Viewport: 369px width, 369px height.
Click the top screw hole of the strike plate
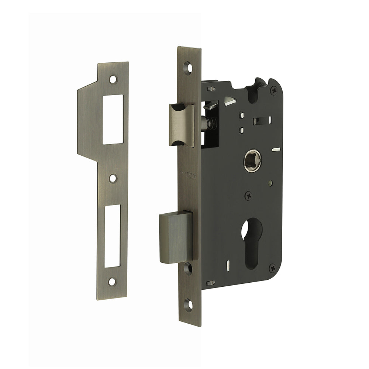click(113, 79)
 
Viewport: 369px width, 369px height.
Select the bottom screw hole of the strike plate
click(112, 282)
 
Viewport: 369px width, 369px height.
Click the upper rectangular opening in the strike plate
click(113, 119)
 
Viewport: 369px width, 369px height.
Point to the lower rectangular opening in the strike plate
click(112, 235)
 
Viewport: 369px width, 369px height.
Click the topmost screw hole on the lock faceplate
click(188, 68)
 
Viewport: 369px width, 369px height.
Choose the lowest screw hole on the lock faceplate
click(189, 305)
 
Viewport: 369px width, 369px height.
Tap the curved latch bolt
click(181, 125)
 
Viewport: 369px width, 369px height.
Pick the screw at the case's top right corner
click(273, 90)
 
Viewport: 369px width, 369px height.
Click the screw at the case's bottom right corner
click(272, 268)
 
